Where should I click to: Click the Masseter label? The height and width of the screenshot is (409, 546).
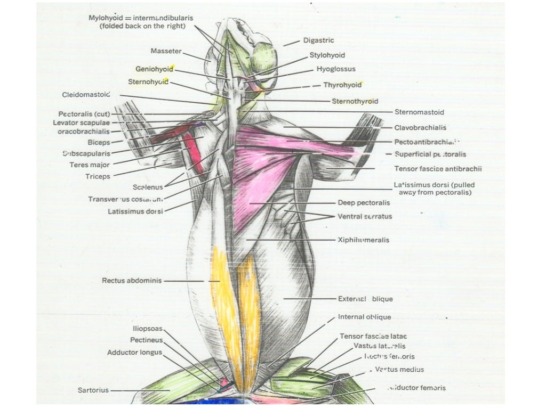(x=166, y=52)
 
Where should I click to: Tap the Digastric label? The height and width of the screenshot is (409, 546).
(x=319, y=40)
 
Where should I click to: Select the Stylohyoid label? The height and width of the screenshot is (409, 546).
(x=327, y=55)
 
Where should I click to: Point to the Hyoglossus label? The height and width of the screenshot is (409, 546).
(x=336, y=69)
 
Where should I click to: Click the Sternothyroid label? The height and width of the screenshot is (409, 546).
(x=355, y=101)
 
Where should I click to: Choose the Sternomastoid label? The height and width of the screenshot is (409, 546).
(x=419, y=112)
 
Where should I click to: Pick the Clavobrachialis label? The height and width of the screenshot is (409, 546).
(x=420, y=128)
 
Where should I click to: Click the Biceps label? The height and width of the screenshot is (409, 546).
(x=99, y=143)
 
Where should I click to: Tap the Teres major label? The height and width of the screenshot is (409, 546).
(x=89, y=165)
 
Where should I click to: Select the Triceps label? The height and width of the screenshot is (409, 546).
(x=97, y=176)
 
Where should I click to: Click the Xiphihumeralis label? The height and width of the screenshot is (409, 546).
(x=363, y=240)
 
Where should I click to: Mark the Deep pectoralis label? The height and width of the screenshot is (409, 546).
(x=364, y=203)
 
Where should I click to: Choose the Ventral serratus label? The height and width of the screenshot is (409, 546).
(x=364, y=217)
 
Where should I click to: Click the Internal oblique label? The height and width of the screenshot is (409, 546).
(x=364, y=317)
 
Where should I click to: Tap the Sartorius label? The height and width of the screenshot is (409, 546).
(x=93, y=390)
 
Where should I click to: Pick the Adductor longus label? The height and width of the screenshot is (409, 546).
(x=134, y=353)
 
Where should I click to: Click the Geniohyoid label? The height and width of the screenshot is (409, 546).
(x=154, y=69)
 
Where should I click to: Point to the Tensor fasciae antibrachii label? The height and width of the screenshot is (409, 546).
(x=438, y=169)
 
